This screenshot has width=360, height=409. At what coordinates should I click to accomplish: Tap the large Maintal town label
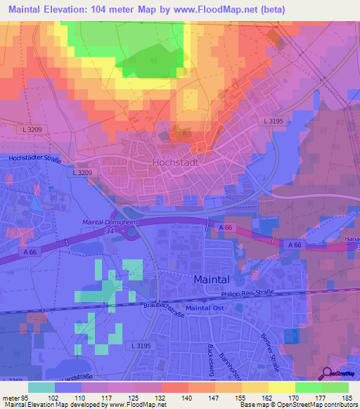pos(212,278)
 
